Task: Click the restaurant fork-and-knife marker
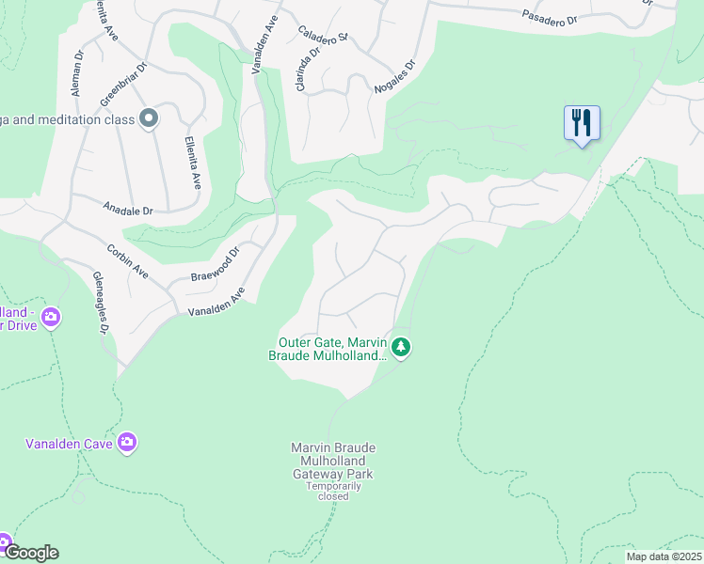pos(582,122)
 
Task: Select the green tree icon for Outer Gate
pos(402,348)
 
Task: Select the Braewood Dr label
pos(216,264)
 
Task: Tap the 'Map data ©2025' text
pos(663,556)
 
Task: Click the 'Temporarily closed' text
pos(333,491)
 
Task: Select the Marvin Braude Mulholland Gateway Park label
pos(332,461)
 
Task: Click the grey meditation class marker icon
pos(148,118)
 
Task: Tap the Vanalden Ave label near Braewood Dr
pos(216,304)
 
